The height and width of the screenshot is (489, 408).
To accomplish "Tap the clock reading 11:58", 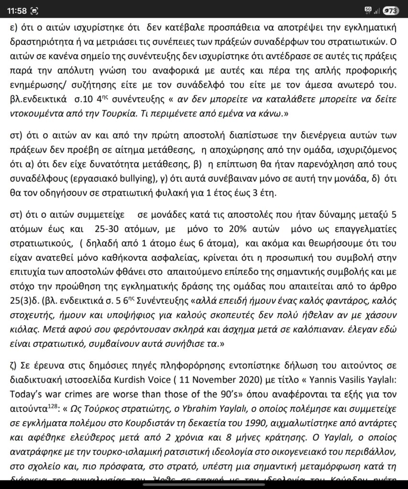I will [x=13, y=10].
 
